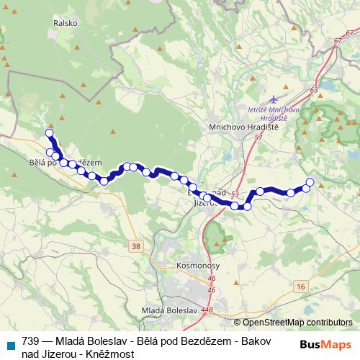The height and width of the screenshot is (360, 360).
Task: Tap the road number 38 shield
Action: [136, 246]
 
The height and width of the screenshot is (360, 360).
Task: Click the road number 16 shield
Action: [300, 286]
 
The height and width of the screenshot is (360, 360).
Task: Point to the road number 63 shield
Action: [314, 89]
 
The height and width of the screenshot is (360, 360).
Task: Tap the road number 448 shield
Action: [207, 310]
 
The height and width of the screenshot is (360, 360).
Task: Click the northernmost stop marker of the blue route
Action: [49, 132]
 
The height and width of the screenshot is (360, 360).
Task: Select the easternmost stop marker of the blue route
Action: [310, 181]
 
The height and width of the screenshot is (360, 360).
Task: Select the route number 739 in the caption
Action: [30, 342]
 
